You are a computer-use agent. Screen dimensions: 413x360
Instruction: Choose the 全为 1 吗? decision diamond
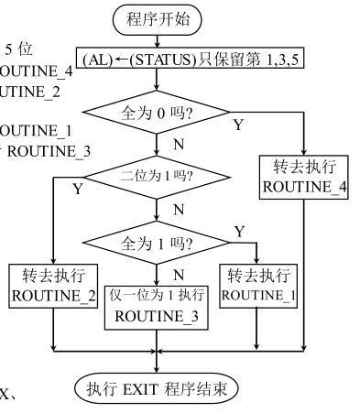158,245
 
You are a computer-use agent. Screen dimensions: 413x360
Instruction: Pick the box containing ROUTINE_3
158,305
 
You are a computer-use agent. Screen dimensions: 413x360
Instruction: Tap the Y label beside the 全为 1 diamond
239,233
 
